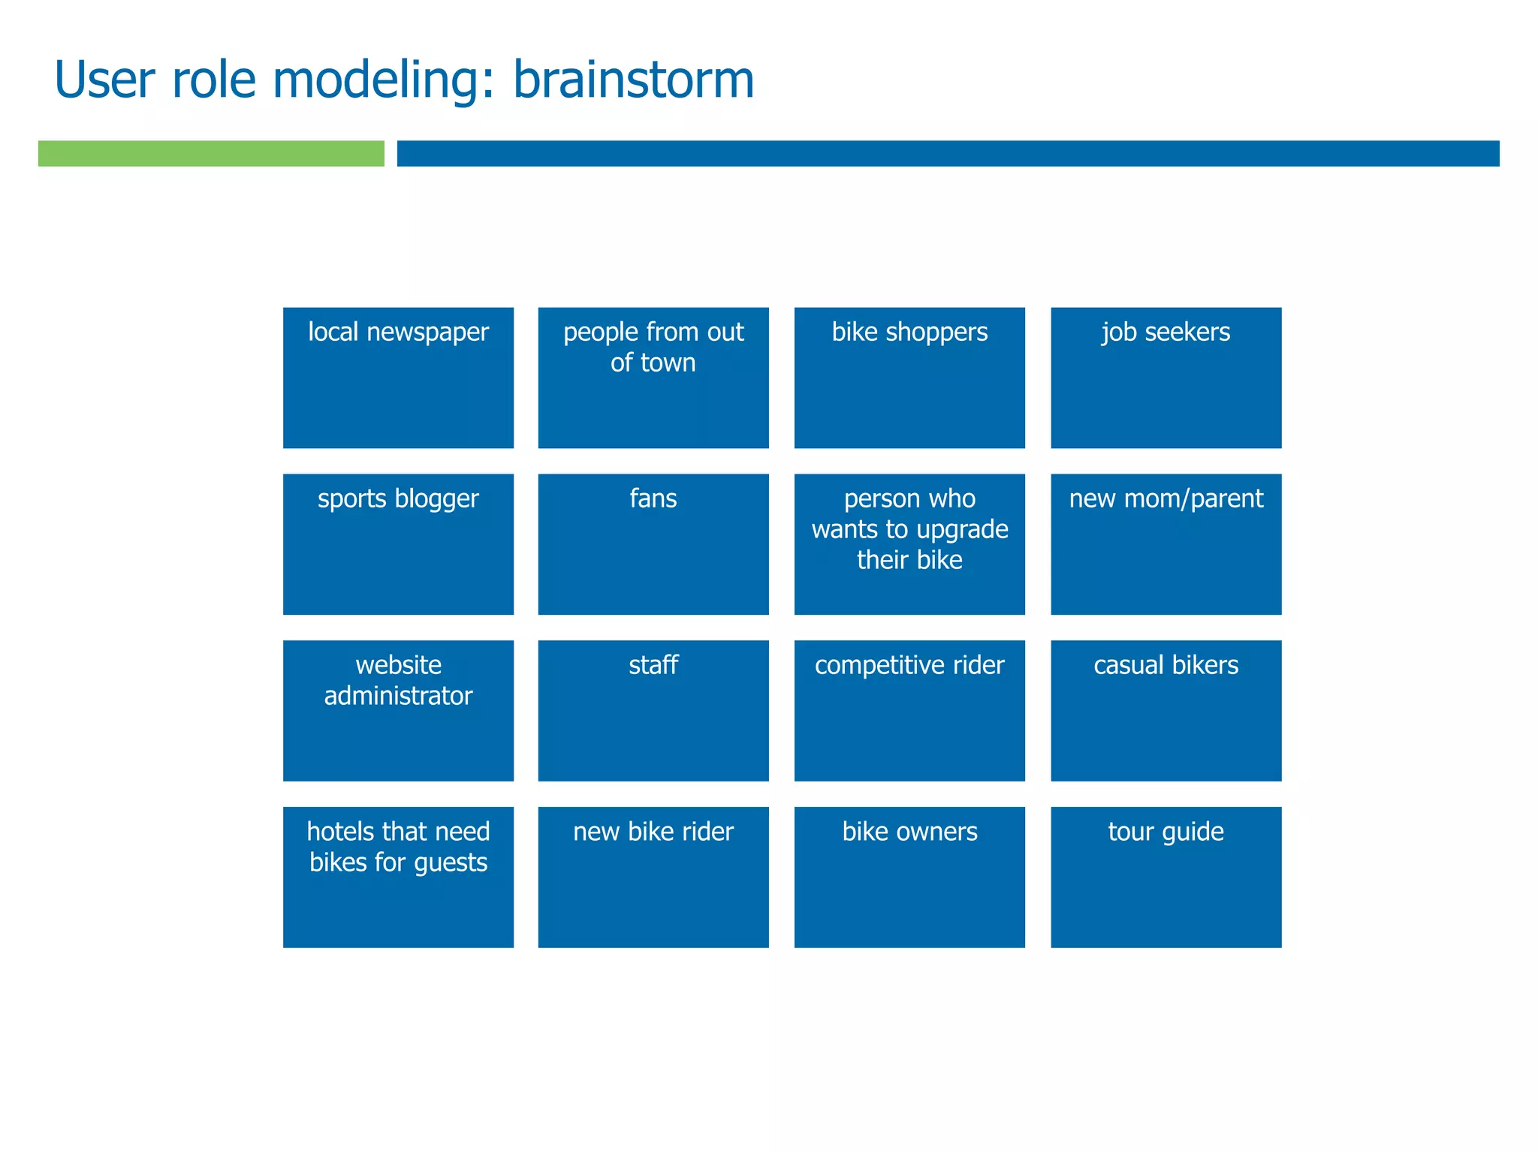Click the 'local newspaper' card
pos(398,378)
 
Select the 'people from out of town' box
pos(653,378)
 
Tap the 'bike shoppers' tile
pos(909,378)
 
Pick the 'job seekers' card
pos(1166,378)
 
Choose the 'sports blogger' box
pos(398,544)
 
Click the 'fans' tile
pos(653,544)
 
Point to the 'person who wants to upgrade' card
pos(909,544)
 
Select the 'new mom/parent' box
pos(1166,544)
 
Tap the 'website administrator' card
pos(398,711)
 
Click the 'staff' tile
pos(653,711)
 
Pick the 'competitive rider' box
pos(909,711)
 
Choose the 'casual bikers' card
pos(1166,711)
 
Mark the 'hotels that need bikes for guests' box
pos(398,878)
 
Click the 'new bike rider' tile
pos(653,878)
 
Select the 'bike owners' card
pos(909,878)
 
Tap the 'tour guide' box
pos(1166,878)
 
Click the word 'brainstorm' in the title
pos(633,80)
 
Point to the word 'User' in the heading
pos(104,80)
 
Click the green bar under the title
pos(211,153)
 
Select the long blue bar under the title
pos(948,153)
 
